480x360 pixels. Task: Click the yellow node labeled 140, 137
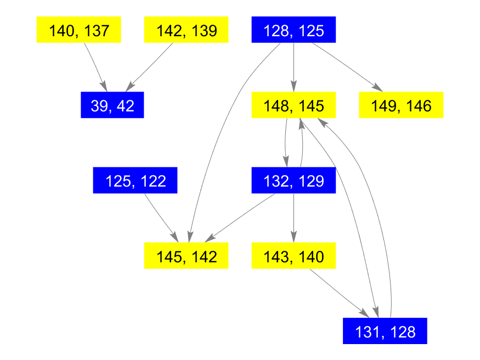coord(78,30)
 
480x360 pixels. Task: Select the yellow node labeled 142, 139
coord(186,30)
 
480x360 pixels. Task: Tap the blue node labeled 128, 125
coord(293,30)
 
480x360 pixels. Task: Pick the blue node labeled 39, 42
coord(112,105)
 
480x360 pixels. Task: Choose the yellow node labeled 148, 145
coord(293,105)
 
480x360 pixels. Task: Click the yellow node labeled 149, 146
coord(401,105)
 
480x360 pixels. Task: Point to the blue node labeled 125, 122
coord(135,180)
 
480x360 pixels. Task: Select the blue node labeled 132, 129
coord(293,180)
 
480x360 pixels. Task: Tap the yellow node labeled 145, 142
coord(186,256)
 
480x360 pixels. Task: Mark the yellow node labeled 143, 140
coord(293,256)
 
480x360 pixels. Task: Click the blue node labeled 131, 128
coord(385,331)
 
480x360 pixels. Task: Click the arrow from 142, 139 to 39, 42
coord(151,65)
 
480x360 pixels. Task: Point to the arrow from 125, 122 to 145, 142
coord(161,217)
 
